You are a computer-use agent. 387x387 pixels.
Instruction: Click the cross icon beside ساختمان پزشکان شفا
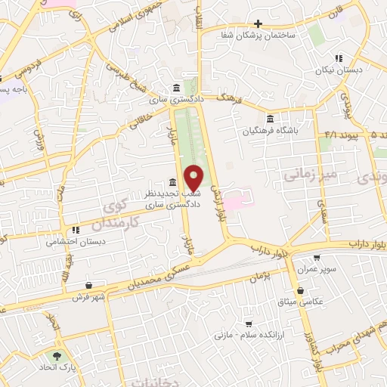259,23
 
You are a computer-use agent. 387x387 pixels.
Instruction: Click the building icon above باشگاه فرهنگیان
271,118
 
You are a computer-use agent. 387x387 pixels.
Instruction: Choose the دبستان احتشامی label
75,243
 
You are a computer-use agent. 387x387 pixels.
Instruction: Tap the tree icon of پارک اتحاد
56,355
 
